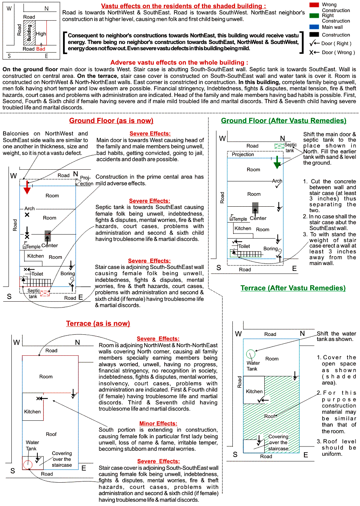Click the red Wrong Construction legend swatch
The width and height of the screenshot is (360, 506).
pyautogui.click(x=314, y=5)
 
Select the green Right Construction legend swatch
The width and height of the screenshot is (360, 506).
pyautogui.click(x=314, y=16)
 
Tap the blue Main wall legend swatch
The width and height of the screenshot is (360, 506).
pyautogui.click(x=314, y=27)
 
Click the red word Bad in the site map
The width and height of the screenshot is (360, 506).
pyautogui.click(x=40, y=49)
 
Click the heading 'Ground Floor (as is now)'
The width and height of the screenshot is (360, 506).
pyautogui.click(x=111, y=121)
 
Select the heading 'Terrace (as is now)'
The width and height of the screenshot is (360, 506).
pyautogui.click(x=98, y=324)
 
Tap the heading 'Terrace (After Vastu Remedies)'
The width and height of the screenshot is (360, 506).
pyautogui.click(x=293, y=288)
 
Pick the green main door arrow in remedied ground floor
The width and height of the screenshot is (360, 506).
pyautogui.click(x=277, y=162)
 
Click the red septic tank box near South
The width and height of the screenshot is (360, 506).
pyautogui.click(x=45, y=293)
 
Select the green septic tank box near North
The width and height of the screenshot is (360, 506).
pyautogui.click(x=279, y=146)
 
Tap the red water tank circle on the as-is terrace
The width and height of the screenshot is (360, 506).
pyautogui.click(x=27, y=465)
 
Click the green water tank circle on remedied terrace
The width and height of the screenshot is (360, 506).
pyautogui.click(x=250, y=354)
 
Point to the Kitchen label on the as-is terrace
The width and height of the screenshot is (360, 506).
pyautogui.click(x=32, y=411)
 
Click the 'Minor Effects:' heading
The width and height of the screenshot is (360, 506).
pyautogui.click(x=158, y=423)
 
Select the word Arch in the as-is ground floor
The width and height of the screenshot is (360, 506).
pyautogui.click(x=30, y=209)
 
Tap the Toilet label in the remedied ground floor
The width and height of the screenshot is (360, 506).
pyautogui.click(x=244, y=246)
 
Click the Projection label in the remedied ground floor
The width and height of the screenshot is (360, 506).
pyautogui.click(x=243, y=155)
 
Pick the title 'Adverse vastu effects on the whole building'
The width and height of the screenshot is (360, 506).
pyautogui.click(x=179, y=62)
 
